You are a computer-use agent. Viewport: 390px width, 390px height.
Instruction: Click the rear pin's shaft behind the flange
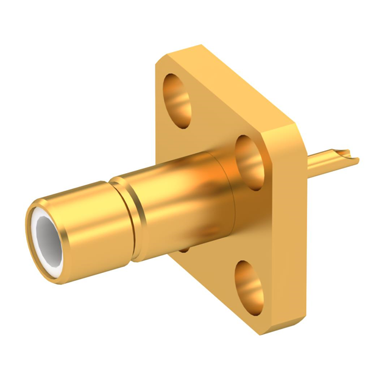323,161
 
